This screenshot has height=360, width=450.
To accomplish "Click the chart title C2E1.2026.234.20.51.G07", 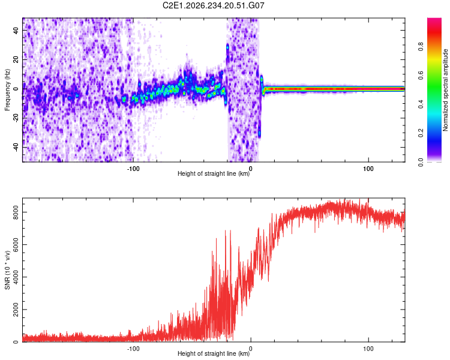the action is [x=213, y=5].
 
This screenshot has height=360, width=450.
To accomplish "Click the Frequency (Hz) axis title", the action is [x=7, y=90].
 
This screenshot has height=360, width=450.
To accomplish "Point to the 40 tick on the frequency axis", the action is [x=16, y=31].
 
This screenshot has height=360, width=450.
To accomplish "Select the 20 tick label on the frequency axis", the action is [x=16, y=60].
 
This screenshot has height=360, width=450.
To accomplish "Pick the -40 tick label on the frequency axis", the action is [x=16, y=146].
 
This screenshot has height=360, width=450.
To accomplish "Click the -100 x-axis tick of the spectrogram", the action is [x=133, y=169].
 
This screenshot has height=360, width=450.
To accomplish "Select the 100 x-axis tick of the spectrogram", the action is [x=368, y=169].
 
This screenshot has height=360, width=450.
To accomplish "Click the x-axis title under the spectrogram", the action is [x=214, y=173].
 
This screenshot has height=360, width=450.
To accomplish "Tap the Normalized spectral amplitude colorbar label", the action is [x=445, y=90].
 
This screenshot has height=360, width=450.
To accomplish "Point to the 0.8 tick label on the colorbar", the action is [x=421, y=47].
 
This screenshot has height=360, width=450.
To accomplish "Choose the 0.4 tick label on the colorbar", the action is [x=421, y=104].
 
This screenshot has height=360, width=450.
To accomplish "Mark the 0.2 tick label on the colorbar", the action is [x=421, y=133].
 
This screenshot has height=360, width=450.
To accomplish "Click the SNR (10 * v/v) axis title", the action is [x=7, y=270].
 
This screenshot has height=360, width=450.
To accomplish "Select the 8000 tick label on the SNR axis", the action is [x=16, y=212].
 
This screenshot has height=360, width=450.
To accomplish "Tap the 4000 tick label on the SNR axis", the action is [x=16, y=277].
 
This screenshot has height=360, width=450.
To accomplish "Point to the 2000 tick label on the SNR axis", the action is [x=16, y=310].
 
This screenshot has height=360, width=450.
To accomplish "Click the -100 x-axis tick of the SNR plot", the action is [x=133, y=349].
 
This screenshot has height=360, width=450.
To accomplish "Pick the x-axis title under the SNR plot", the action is [x=214, y=353].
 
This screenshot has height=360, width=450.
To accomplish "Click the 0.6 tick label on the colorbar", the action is [x=421, y=75].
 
